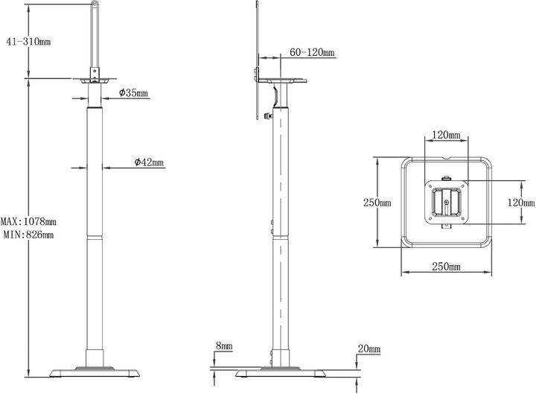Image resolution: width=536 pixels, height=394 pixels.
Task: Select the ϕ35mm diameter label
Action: [x=133, y=94]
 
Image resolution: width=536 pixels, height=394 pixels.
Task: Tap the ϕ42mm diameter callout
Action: [x=149, y=162]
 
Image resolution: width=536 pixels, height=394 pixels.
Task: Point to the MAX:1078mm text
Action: [x=28, y=222]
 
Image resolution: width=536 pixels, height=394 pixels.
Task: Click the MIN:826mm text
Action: [x=28, y=235]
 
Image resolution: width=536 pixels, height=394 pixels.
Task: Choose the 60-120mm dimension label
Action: [x=313, y=53]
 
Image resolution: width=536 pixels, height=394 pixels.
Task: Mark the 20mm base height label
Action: [x=368, y=349]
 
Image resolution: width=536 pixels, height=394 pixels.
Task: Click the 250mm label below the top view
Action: [x=444, y=266]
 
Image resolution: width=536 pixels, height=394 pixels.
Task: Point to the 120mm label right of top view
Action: [x=520, y=202]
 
